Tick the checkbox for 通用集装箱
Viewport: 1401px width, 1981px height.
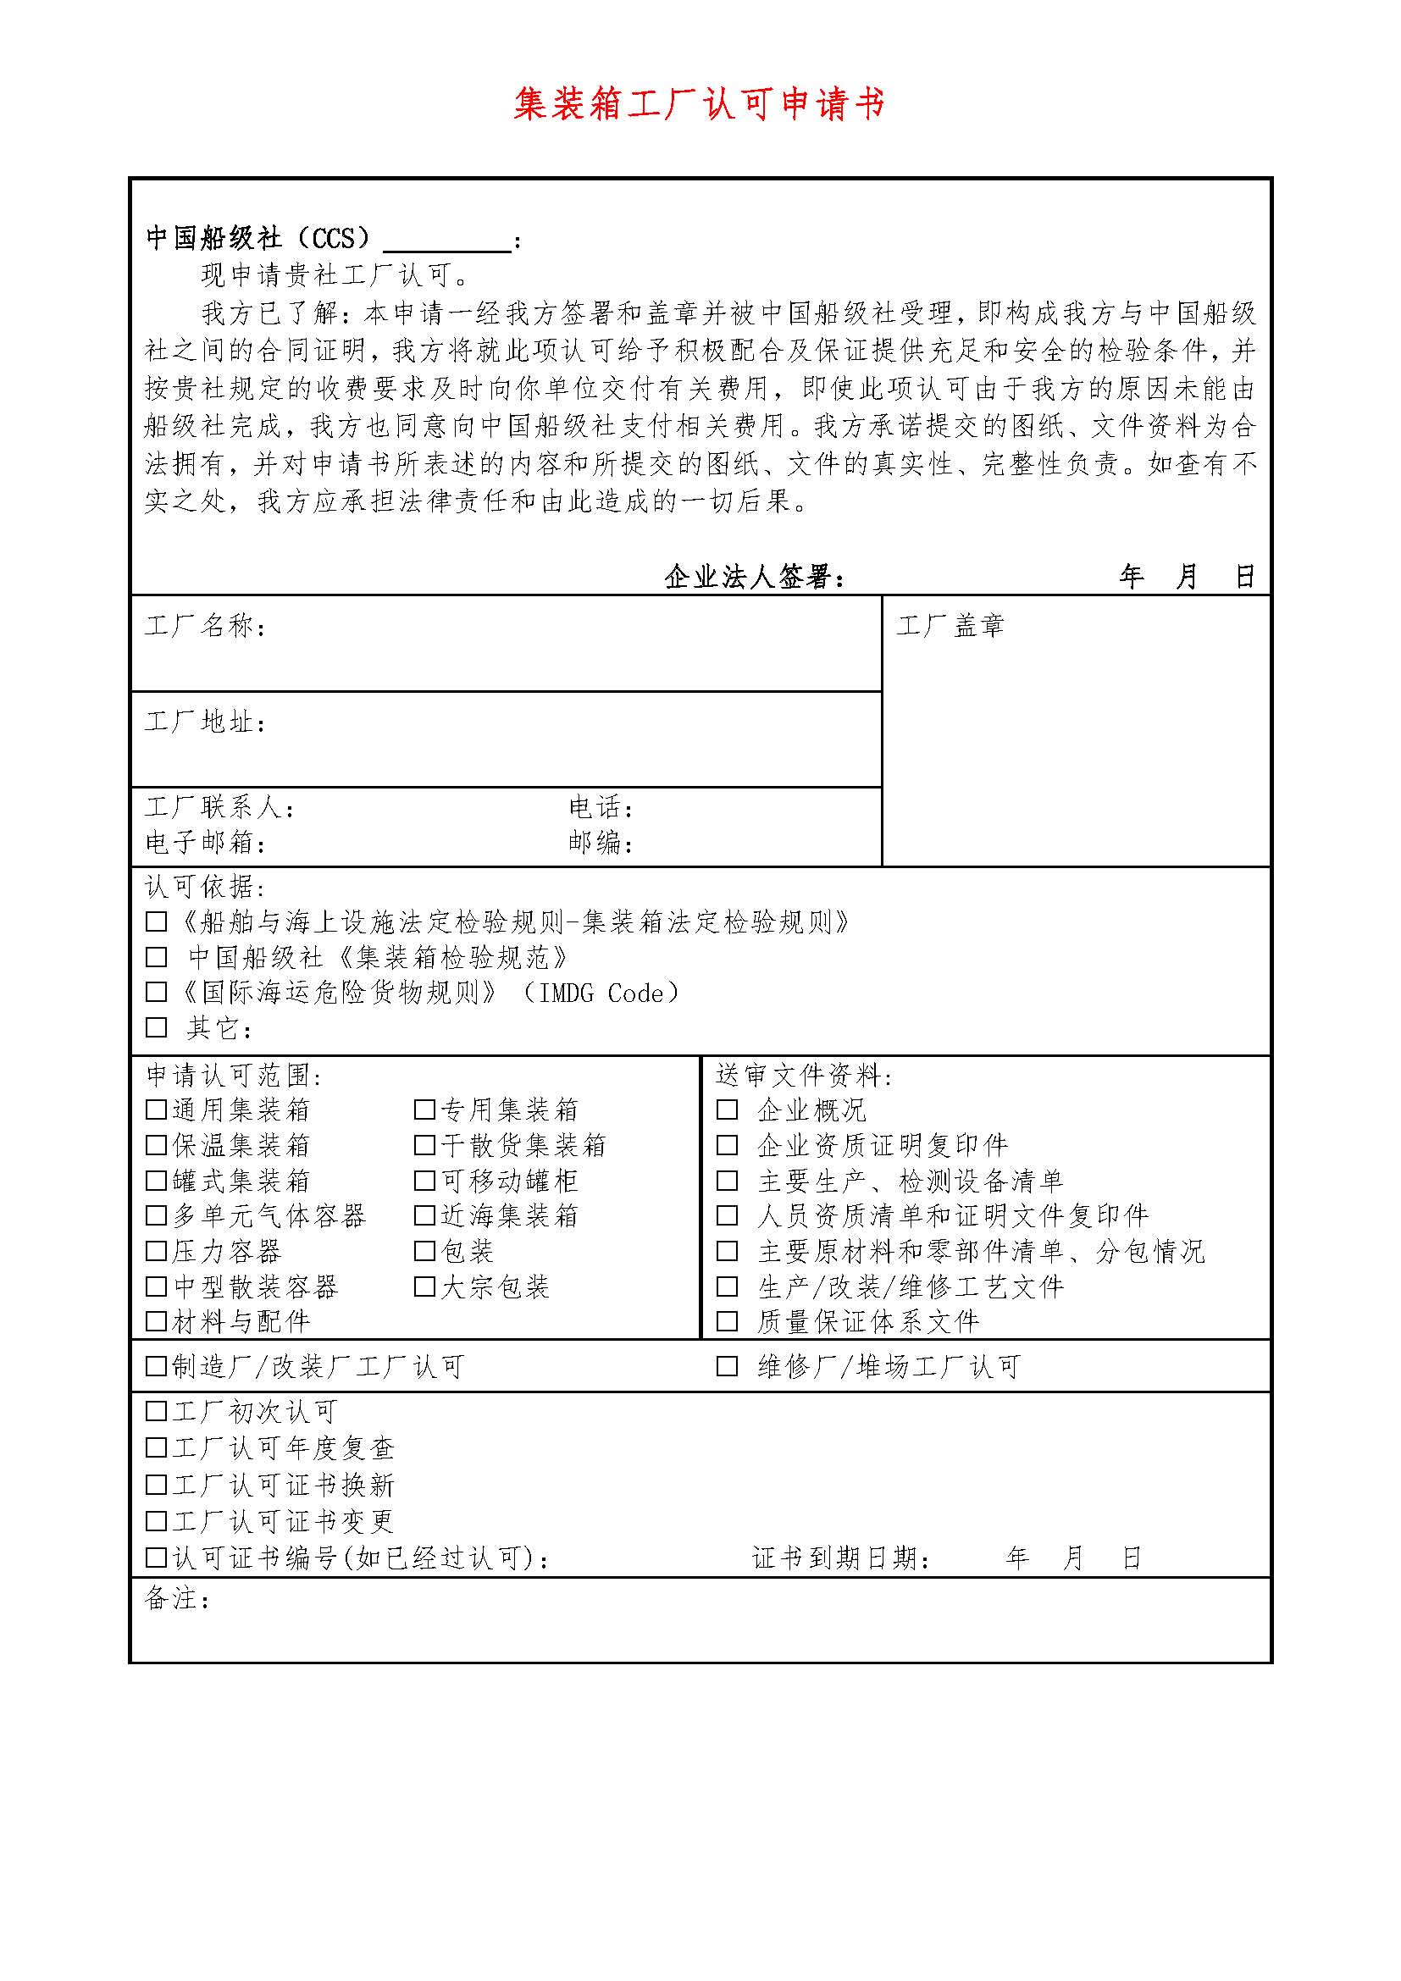(156, 1109)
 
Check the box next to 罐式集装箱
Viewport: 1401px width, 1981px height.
(156, 1181)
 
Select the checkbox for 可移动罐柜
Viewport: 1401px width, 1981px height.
(424, 1181)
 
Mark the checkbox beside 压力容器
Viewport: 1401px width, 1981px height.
(156, 1251)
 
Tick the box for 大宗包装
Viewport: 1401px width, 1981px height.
(424, 1287)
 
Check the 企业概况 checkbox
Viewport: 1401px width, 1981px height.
(728, 1109)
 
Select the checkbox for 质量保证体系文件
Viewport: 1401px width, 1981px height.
(728, 1321)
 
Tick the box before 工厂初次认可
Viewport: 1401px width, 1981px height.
(156, 1412)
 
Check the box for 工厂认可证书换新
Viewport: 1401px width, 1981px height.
(156, 1485)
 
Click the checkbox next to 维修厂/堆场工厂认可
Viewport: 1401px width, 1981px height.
(728, 1367)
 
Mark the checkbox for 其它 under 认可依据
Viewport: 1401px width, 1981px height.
(156, 1027)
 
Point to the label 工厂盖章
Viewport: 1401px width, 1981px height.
(950, 626)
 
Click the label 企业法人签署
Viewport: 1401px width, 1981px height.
(754, 577)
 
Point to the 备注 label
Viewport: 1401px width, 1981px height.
(177, 1599)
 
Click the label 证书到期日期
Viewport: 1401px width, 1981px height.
(841, 1558)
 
